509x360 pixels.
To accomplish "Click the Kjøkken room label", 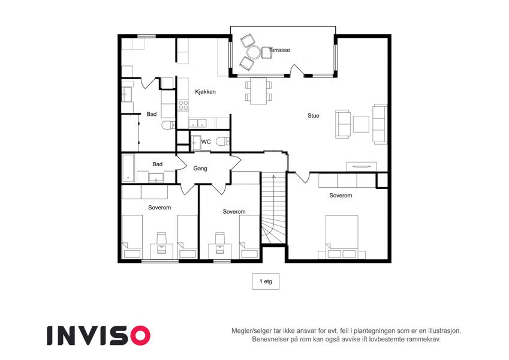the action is (x=205, y=92).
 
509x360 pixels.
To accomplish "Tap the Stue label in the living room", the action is (x=314, y=116).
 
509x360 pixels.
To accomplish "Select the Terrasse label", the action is (x=279, y=50).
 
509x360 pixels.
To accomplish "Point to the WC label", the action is (x=206, y=142).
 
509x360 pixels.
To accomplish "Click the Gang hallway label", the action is (x=200, y=169).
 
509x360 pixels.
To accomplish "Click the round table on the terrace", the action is (x=254, y=52).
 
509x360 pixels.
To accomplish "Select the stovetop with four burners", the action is (x=183, y=105).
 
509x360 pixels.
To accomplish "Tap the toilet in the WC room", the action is (x=222, y=142).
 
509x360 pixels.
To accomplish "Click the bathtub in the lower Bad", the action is (x=128, y=169).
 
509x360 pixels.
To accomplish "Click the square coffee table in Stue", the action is (x=361, y=124).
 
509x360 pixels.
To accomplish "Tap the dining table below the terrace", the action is (x=258, y=91).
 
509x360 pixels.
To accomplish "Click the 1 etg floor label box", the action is (x=266, y=281).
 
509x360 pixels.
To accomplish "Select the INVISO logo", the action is (x=99, y=335).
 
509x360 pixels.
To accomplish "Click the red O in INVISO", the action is (x=140, y=335).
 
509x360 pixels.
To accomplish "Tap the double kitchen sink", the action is (x=197, y=123).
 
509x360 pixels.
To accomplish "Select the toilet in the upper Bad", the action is (x=168, y=125).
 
